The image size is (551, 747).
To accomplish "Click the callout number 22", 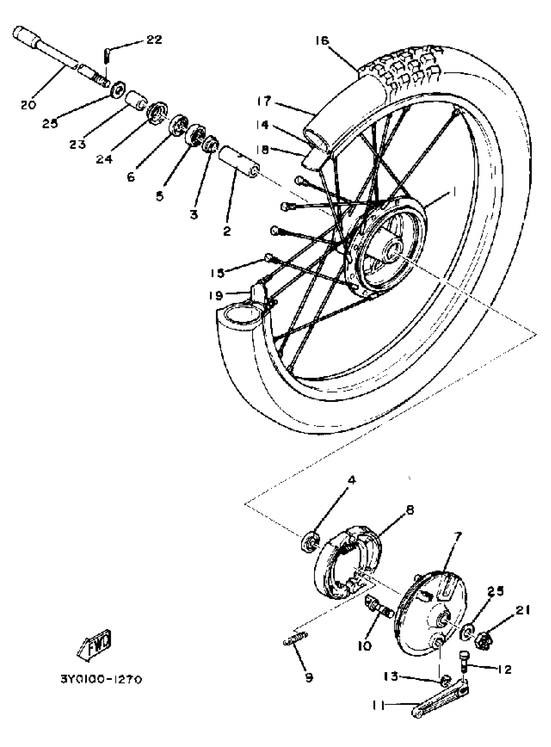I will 154,40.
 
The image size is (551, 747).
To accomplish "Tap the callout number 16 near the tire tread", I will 322,41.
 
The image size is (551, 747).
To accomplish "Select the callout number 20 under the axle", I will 28,105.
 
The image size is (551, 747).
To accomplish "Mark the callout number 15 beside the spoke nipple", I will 217,273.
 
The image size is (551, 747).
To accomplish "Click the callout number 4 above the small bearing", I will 352,480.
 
